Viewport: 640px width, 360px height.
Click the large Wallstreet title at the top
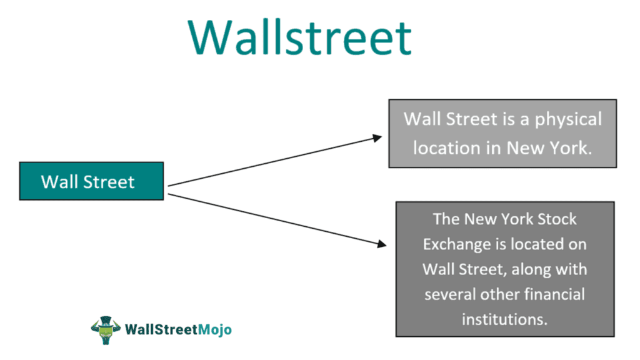click(x=299, y=37)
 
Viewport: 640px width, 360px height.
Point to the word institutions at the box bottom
click(x=505, y=319)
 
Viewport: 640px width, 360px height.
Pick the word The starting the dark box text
click(x=446, y=219)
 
